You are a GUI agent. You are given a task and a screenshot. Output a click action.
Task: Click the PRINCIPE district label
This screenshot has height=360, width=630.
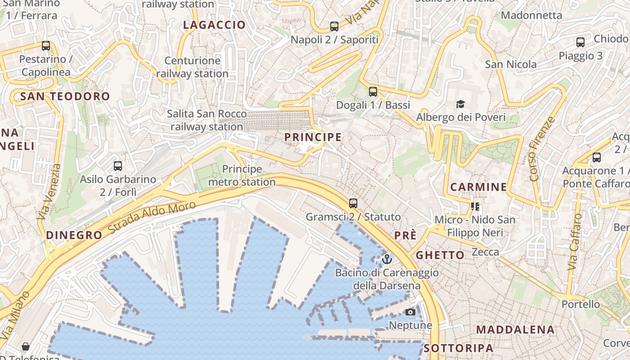[x=313, y=137]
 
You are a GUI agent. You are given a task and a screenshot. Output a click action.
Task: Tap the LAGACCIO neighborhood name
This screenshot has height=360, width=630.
[x=214, y=25]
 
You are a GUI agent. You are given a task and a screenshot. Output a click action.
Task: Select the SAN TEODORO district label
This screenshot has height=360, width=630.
[x=65, y=96]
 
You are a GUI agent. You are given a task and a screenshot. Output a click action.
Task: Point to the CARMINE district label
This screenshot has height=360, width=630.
[x=478, y=187]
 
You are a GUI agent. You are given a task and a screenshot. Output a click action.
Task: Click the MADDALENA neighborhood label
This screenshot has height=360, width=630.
[x=515, y=329]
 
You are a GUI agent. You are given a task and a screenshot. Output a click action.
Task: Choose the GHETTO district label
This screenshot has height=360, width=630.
[x=440, y=255]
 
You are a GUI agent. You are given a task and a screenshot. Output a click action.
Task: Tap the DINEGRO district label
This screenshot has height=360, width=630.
[x=74, y=235]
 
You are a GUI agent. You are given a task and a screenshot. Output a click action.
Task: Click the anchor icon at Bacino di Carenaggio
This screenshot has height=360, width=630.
[x=387, y=259]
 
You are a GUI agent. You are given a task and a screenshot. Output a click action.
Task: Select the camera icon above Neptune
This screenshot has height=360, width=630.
[x=410, y=312]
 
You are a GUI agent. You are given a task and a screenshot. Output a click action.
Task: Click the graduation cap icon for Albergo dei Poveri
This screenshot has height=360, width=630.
[x=460, y=104]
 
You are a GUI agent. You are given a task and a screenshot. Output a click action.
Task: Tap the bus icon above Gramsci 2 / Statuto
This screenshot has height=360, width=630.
[x=353, y=203]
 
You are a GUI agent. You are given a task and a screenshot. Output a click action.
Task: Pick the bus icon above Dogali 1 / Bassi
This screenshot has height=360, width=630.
[x=373, y=92]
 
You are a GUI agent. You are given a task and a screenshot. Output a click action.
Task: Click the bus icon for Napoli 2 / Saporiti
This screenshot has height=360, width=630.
[x=334, y=27]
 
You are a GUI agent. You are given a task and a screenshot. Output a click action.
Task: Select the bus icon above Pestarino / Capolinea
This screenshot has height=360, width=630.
[x=45, y=46]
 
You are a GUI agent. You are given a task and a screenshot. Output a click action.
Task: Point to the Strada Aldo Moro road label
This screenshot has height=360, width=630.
[x=152, y=219]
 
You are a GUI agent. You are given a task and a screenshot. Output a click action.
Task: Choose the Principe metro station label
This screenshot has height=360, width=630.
[x=242, y=175]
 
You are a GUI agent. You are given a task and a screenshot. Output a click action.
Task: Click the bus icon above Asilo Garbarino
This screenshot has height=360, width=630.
[x=118, y=166]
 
